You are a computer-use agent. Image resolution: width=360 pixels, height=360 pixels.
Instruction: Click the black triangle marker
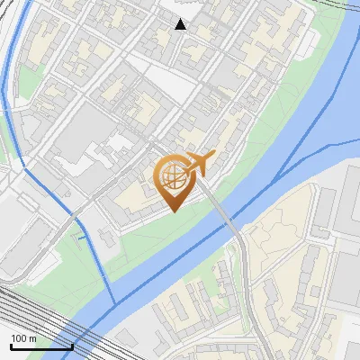pos(181,24)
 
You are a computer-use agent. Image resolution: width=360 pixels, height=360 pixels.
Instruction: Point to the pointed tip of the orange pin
pos(172,211)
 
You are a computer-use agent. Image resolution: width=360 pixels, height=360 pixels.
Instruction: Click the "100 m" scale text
pos(23,338)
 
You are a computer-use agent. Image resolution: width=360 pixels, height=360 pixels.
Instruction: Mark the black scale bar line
pos(41,346)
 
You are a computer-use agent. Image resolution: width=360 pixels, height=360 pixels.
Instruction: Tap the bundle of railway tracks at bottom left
pos(27,315)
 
